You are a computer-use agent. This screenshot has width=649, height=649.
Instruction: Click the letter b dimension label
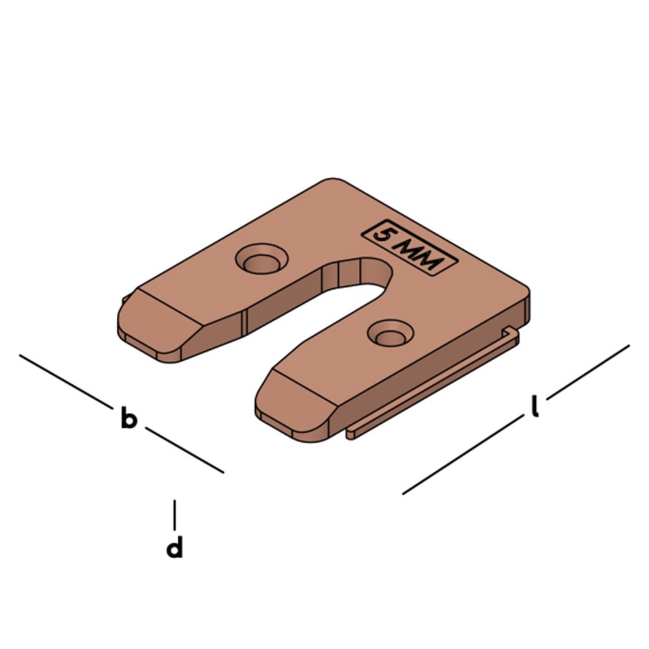point(129,419)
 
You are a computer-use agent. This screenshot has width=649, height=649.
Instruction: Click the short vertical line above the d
point(174,514)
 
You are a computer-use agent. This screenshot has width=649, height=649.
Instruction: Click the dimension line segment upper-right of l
point(587,371)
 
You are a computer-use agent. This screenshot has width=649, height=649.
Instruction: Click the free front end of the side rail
point(351,432)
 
